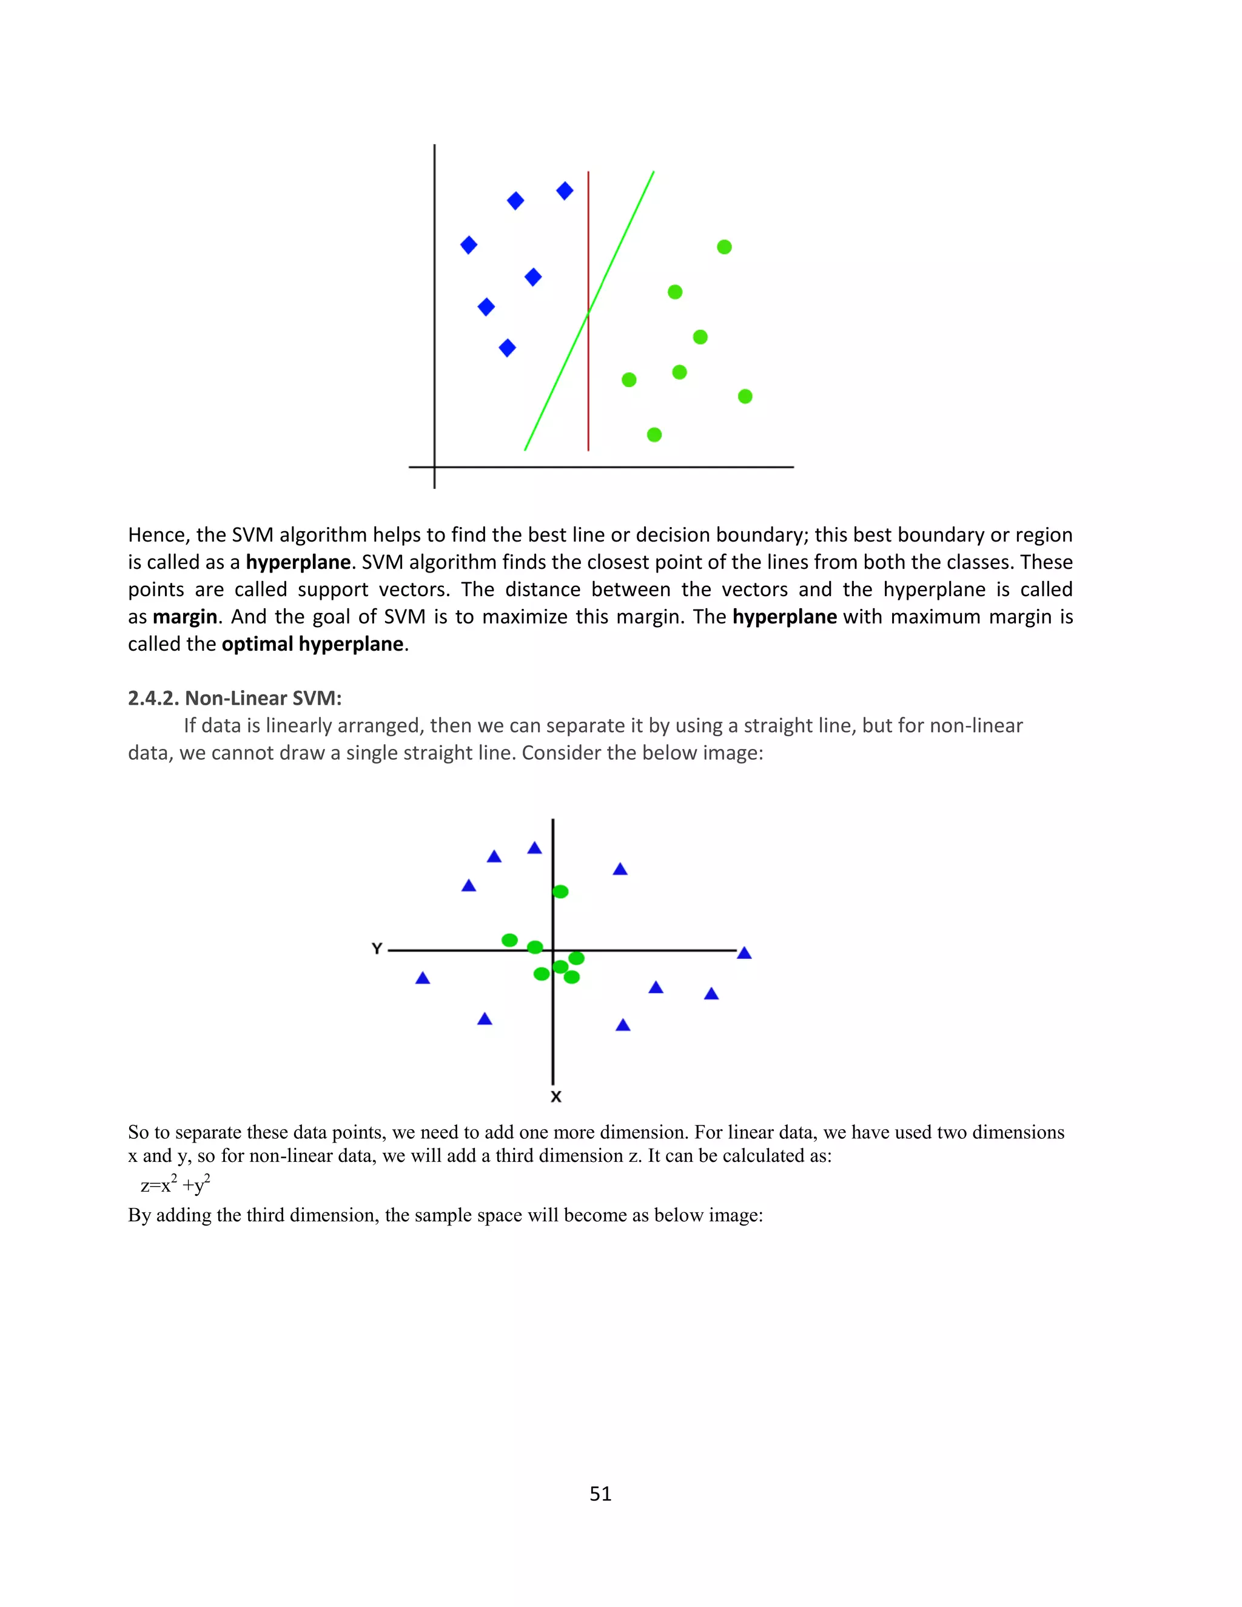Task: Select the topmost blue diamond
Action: (565, 191)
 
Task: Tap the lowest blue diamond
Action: (507, 347)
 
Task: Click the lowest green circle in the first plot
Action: (654, 435)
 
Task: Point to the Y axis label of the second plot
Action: (377, 948)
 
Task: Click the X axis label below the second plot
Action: (556, 1097)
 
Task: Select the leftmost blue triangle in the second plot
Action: (422, 979)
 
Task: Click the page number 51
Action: (600, 1494)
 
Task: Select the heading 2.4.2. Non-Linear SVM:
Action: (235, 698)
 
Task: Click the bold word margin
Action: (185, 617)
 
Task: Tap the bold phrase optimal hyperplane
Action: (313, 644)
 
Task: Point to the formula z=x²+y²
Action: (175, 1185)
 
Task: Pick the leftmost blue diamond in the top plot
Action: (469, 245)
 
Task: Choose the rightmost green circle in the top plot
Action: (745, 397)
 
